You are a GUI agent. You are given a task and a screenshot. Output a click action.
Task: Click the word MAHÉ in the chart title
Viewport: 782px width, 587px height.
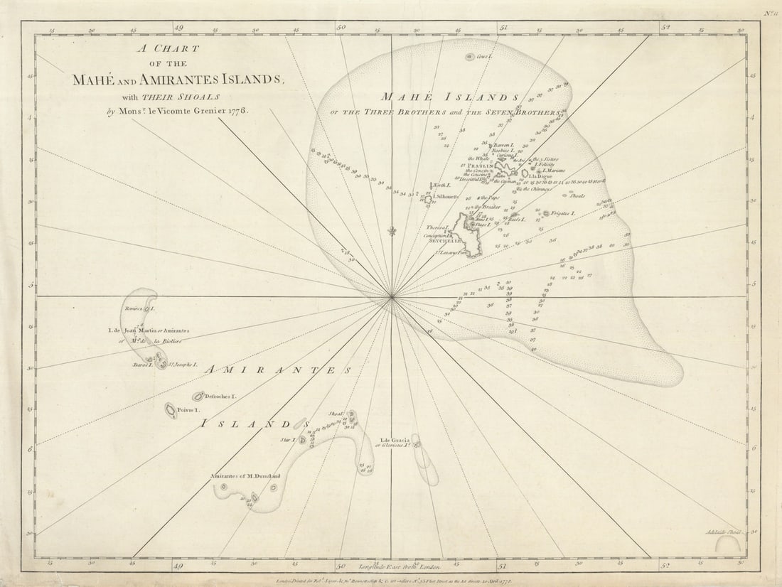(x=96, y=80)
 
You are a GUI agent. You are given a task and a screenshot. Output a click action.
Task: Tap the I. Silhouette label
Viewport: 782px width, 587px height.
(x=446, y=196)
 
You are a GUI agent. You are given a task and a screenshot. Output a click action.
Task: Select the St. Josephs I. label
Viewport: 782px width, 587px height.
(x=183, y=365)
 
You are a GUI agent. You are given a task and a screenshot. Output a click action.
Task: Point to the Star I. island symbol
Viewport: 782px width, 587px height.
(x=302, y=440)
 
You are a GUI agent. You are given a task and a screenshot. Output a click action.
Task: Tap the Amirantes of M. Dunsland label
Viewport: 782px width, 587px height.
(x=245, y=475)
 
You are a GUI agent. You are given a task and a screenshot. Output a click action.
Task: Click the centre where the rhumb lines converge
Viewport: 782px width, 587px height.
(x=391, y=297)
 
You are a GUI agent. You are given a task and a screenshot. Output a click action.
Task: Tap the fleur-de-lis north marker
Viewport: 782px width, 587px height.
(x=391, y=230)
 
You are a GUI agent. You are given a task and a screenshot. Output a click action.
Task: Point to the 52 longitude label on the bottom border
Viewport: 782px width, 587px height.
(x=665, y=566)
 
